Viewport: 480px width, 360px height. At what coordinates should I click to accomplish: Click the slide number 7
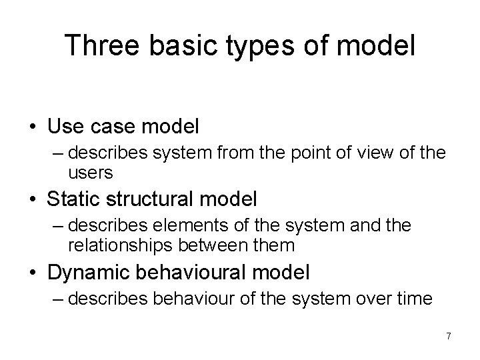click(x=448, y=336)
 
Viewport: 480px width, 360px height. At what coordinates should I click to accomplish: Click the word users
click(x=91, y=173)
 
